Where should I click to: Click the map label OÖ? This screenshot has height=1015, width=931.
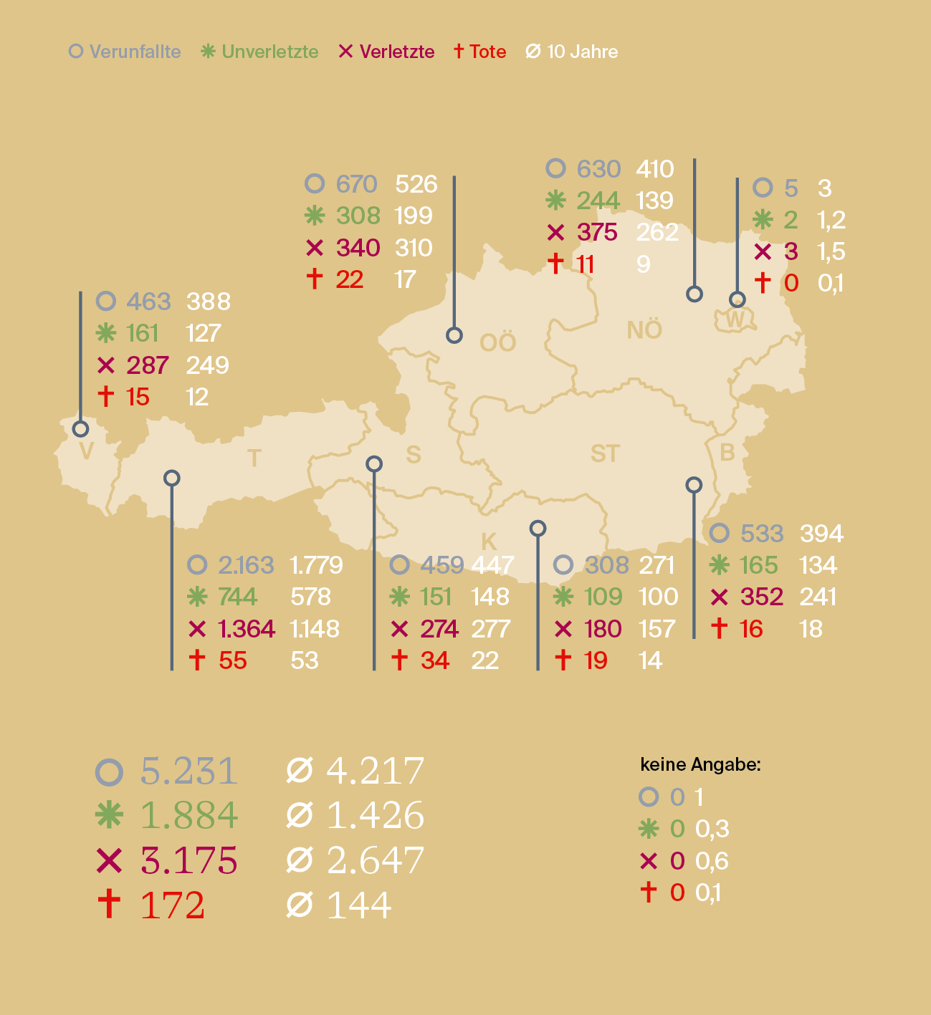pyautogui.click(x=497, y=343)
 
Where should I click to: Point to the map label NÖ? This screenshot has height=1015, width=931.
pyautogui.click(x=644, y=330)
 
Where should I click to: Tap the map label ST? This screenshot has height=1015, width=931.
pyautogui.click(x=604, y=453)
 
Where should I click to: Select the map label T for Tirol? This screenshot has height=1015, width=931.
pyautogui.click(x=254, y=458)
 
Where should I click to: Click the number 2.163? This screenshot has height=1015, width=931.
pyautogui.click(x=246, y=565)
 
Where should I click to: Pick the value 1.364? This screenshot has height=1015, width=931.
pyautogui.click(x=247, y=629)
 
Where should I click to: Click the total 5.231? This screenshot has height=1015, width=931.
pyautogui.click(x=188, y=771)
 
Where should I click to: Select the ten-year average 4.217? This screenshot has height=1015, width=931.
pyautogui.click(x=375, y=771)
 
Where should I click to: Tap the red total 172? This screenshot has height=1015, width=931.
pyautogui.click(x=173, y=905)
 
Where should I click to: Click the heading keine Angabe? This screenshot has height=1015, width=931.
pyautogui.click(x=700, y=764)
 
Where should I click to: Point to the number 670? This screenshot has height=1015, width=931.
pyautogui.click(x=356, y=184)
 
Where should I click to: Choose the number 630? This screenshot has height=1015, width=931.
pyautogui.click(x=598, y=169)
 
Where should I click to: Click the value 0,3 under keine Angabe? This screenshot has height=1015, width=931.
pyautogui.click(x=712, y=829)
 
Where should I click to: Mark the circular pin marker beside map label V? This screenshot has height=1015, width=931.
pyautogui.click(x=81, y=429)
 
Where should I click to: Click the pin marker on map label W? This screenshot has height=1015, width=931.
pyautogui.click(x=737, y=299)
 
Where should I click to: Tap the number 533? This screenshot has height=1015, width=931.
pyautogui.click(x=762, y=534)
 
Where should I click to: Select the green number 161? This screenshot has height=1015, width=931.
pyautogui.click(x=142, y=333)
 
